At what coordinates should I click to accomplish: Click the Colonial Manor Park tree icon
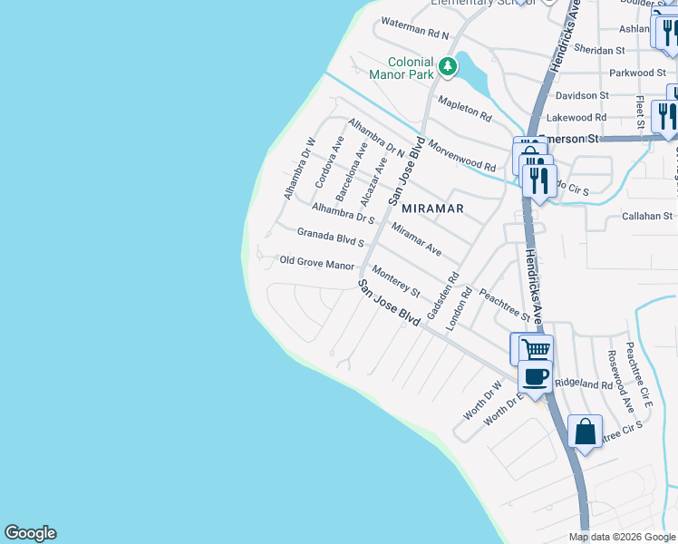tap(447, 66)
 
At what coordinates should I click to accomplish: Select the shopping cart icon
tap(534, 348)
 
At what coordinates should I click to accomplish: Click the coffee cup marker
tap(534, 376)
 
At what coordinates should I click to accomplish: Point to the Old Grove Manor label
tap(316, 265)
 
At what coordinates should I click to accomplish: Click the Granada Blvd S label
tap(330, 238)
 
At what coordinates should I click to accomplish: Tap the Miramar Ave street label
tap(416, 238)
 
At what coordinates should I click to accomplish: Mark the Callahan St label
tap(646, 217)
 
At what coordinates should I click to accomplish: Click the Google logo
tap(30, 533)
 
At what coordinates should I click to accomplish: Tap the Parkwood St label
tap(637, 73)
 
